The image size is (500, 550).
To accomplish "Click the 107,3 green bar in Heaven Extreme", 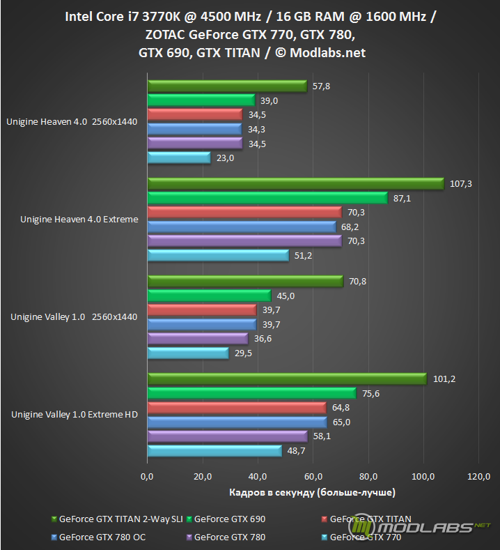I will [295, 183].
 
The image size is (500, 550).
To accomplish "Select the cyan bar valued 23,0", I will [179, 158].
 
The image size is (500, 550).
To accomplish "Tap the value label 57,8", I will [320, 86].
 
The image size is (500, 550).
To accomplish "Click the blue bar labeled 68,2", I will [242, 227].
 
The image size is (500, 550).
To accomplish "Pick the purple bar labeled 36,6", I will [198, 339].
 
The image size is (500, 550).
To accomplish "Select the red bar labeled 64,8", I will [236, 407].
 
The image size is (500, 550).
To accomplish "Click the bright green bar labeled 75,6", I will [251, 393].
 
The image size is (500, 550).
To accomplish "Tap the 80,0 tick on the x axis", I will [368, 477].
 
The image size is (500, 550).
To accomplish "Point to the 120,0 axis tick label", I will [479, 477].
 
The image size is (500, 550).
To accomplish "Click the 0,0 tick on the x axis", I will [147, 477].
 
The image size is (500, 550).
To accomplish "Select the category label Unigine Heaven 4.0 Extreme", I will [79, 220].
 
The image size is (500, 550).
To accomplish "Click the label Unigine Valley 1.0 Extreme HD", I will [74, 415].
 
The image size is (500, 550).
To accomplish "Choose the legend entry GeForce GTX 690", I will [230, 519].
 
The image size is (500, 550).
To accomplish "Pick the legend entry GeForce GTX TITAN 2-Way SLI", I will [119, 519].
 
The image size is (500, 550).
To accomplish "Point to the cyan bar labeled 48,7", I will [214, 451].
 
